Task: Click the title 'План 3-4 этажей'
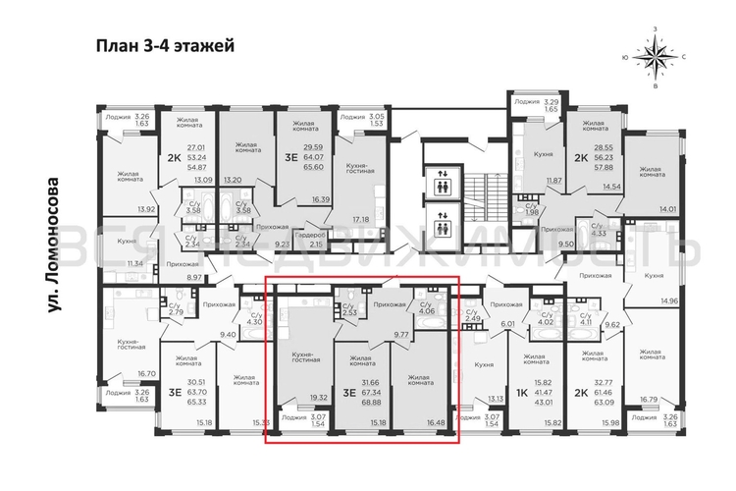tap(164, 45)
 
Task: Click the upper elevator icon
tap(443, 183)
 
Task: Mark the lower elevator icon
tap(443, 225)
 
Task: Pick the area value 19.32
tap(317, 398)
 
